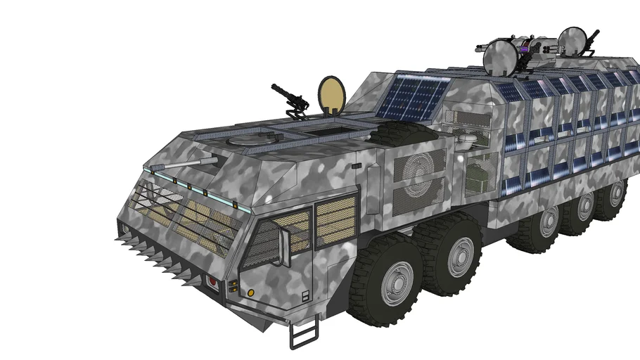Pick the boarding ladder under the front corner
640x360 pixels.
[x=303, y=333]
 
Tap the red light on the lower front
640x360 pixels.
[x=210, y=283]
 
